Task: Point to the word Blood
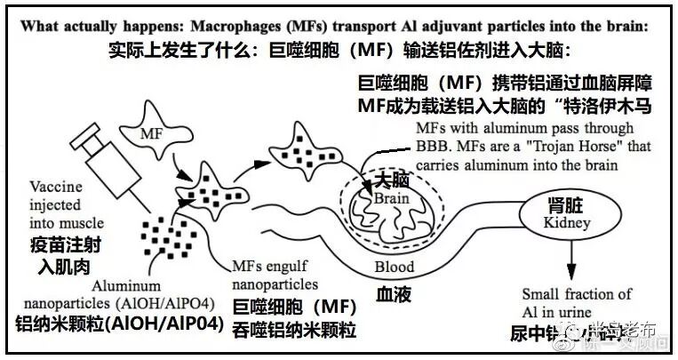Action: [394, 266]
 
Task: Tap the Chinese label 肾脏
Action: [561, 204]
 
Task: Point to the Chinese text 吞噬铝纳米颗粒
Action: [294, 331]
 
